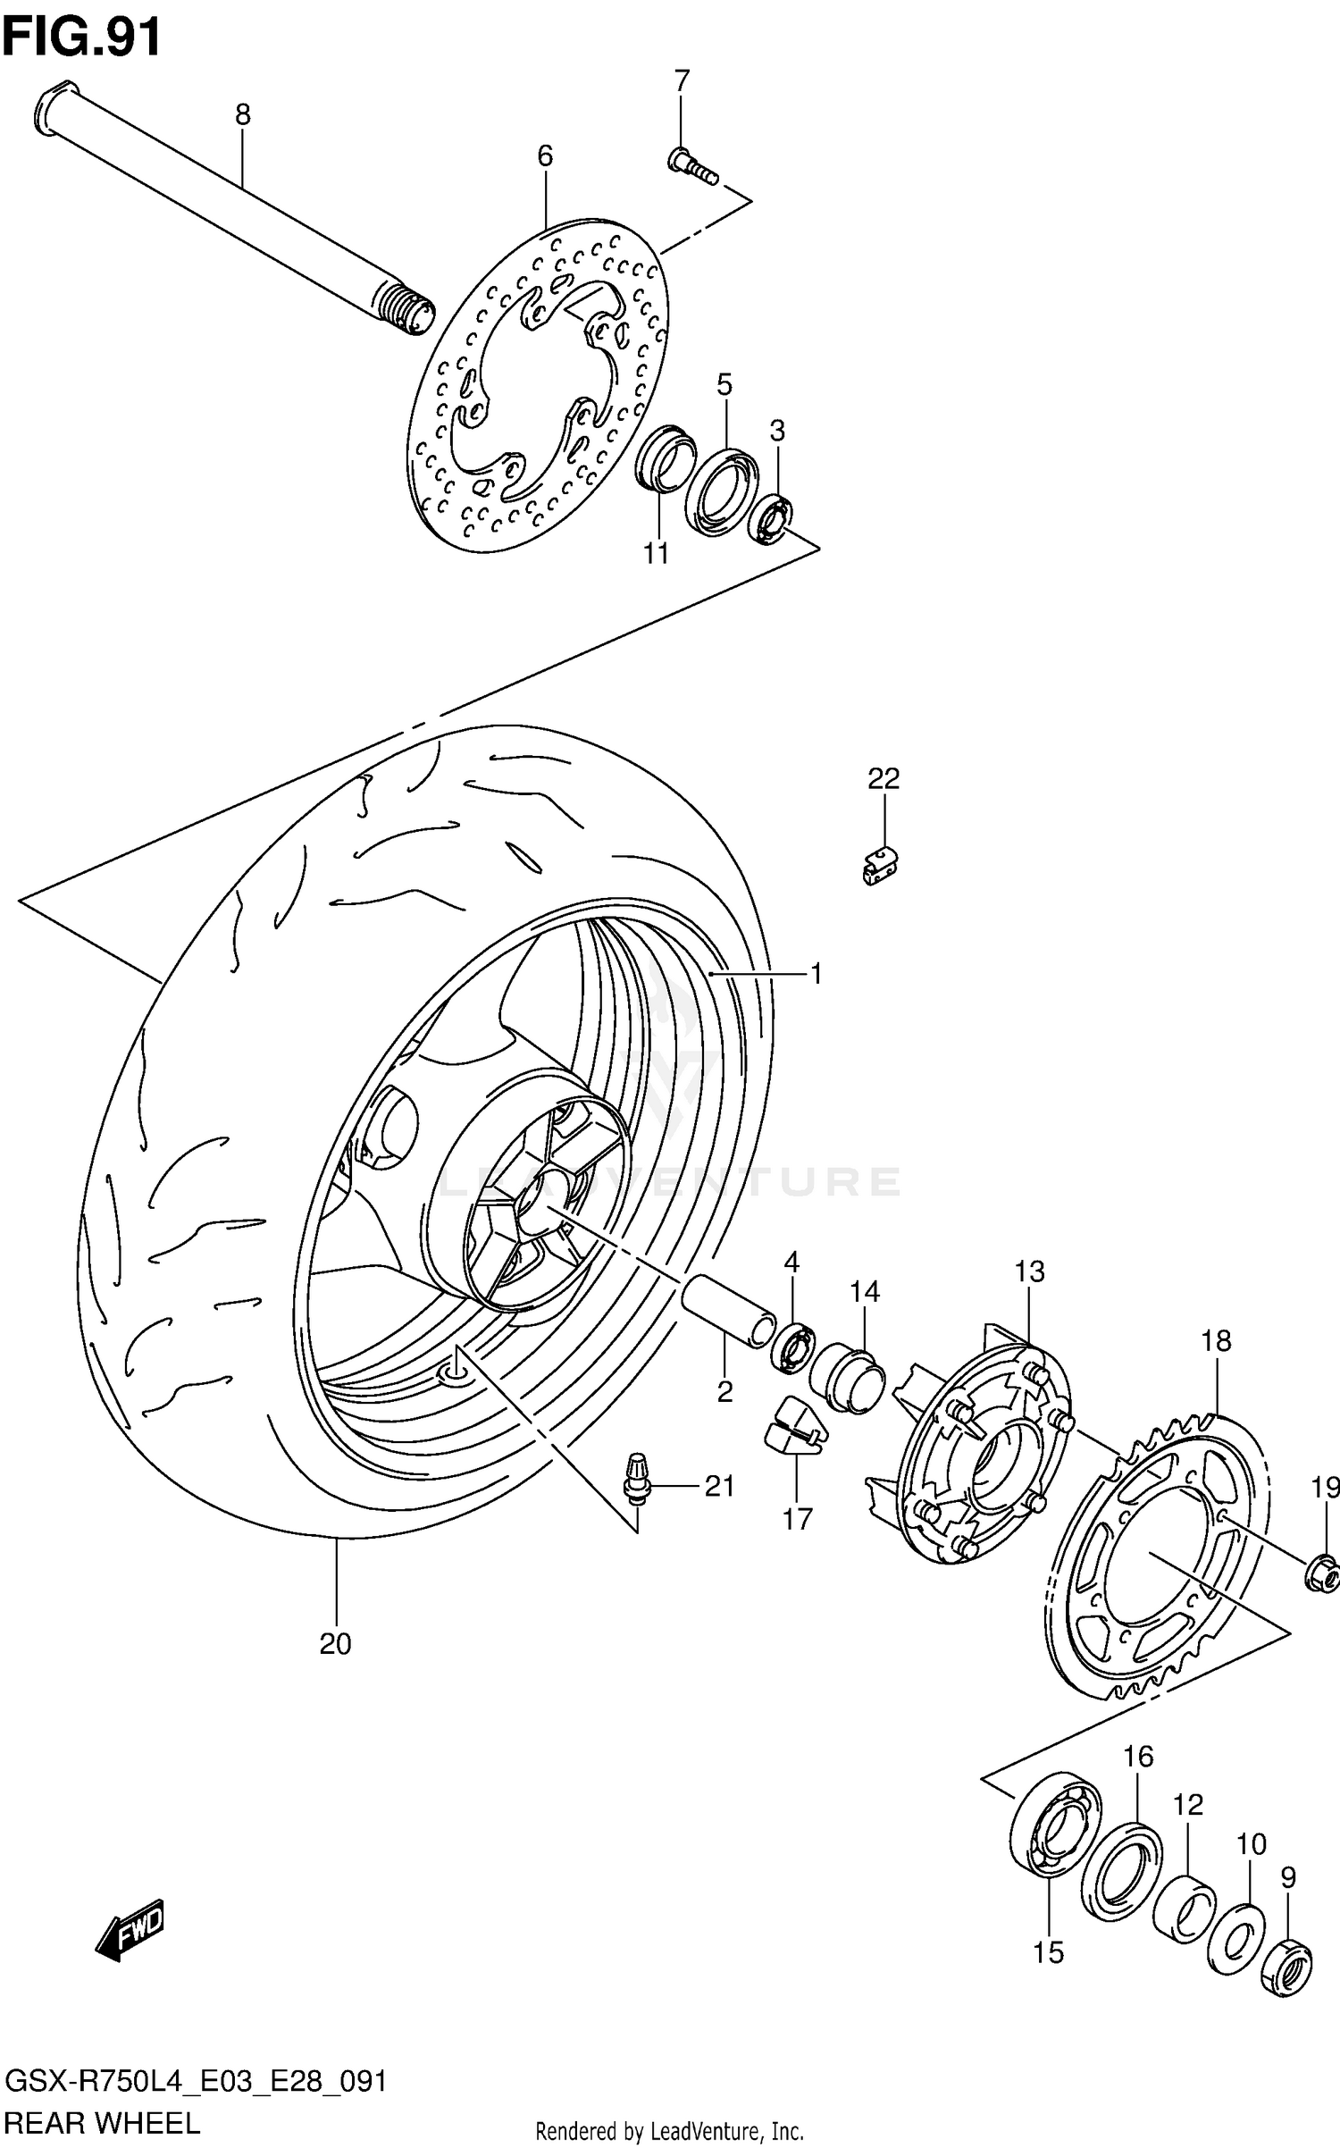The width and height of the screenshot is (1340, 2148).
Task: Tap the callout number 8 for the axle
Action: point(242,114)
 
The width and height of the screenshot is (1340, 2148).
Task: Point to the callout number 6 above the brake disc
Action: point(545,156)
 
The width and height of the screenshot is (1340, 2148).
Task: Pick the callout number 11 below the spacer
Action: point(656,554)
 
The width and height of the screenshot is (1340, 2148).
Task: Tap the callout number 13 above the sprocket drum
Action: point(1029,1271)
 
